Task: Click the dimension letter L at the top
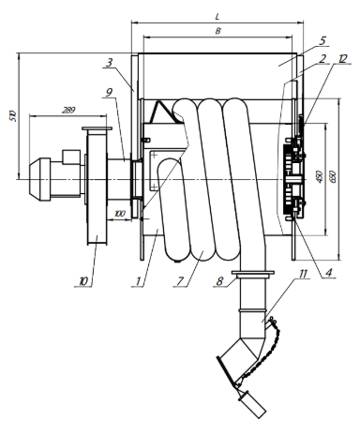217,16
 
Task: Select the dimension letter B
218,31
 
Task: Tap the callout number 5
322,40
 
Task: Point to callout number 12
343,58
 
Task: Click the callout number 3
109,63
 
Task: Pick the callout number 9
109,92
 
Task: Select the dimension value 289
68,110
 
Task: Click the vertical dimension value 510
12,116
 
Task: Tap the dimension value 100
120,214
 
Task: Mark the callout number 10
83,281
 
